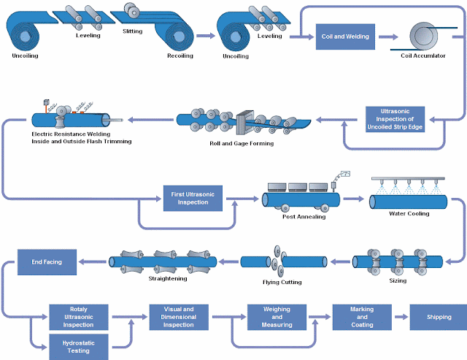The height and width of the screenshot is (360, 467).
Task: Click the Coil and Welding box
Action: (345, 37)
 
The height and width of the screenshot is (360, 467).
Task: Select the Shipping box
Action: (439, 317)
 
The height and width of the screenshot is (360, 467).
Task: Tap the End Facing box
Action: (47, 262)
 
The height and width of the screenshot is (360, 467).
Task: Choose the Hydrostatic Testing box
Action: (79, 347)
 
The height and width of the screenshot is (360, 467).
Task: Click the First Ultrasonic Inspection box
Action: (193, 198)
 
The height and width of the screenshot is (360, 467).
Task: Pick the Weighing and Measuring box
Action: (277, 317)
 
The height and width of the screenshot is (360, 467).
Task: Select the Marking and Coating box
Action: (362, 317)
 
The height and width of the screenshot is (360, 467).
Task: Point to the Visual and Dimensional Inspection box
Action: (179, 317)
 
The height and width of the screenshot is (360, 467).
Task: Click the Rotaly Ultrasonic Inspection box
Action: (79, 317)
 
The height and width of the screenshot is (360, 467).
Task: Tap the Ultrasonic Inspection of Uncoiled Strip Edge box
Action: (395, 119)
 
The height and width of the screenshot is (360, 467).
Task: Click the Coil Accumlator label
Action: (423, 55)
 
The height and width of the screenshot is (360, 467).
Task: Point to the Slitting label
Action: (133, 31)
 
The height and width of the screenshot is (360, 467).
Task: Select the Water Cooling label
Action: (409, 213)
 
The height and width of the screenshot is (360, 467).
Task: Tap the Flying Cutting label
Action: (282, 282)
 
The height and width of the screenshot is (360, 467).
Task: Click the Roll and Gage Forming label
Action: (242, 143)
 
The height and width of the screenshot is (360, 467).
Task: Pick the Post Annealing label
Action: (304, 217)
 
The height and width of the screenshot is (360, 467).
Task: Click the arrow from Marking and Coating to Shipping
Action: (401, 317)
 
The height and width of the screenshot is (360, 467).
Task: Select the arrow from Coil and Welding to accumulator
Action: (388, 37)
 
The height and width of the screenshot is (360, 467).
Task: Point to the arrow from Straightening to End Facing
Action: (93, 262)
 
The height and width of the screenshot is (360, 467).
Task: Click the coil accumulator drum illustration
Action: (424, 36)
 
